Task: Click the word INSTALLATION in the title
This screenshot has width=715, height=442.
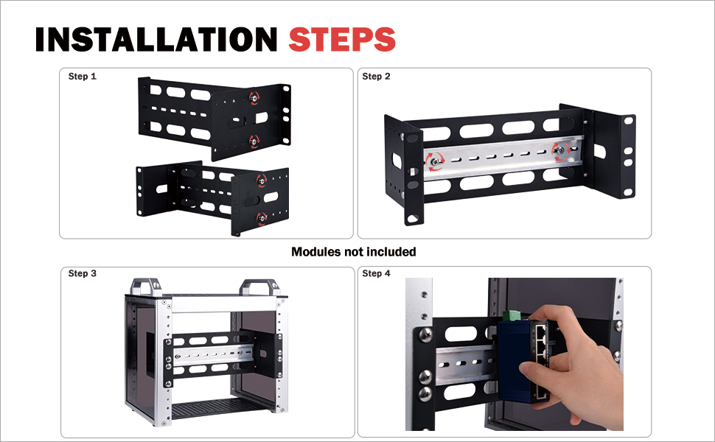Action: click(156, 39)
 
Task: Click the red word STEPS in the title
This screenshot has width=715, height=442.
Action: click(342, 39)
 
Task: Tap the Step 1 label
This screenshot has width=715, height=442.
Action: click(83, 76)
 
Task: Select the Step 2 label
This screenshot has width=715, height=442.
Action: click(376, 76)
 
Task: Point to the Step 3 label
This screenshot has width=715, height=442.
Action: click(83, 273)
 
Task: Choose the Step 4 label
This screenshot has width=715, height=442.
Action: click(376, 273)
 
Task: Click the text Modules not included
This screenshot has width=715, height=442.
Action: click(353, 251)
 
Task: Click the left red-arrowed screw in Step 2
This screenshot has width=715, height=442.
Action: click(436, 161)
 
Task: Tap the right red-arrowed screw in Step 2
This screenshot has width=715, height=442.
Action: click(560, 150)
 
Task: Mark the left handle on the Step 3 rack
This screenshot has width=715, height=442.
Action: click(146, 287)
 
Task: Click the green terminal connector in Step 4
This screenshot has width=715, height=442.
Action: click(512, 315)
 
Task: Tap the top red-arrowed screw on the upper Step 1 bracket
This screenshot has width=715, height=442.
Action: click(254, 97)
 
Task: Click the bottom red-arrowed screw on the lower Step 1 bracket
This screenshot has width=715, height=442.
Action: click(261, 218)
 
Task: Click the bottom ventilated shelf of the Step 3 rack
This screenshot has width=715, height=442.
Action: click(212, 408)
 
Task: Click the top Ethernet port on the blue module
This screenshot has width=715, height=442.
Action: click(542, 329)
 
